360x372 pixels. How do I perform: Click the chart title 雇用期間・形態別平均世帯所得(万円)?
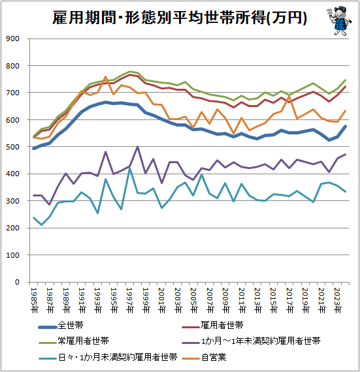click(x=180, y=18)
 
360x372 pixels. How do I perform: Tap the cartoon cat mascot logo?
click(x=339, y=21)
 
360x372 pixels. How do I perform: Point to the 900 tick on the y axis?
click(x=12, y=39)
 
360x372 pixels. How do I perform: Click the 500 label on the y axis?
click(x=12, y=147)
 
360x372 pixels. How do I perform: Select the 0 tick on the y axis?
click(x=17, y=282)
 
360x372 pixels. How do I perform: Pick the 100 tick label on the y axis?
click(x=12, y=255)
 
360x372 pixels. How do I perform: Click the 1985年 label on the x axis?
click(x=35, y=300)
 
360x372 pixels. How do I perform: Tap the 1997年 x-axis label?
click(x=130, y=300)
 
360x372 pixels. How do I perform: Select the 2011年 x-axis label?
click(x=242, y=300)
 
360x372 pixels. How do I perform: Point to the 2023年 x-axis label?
click(x=337, y=300)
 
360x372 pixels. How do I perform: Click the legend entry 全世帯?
click(x=61, y=326)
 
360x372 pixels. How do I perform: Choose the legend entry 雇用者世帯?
click(x=213, y=326)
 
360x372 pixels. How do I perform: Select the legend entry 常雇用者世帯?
click(x=74, y=341)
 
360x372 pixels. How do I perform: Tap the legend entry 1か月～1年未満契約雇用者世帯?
click(x=252, y=341)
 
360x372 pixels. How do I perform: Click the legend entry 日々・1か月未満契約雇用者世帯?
click(x=108, y=357)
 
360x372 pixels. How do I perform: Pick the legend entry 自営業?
click(x=205, y=357)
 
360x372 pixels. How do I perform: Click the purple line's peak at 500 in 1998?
click(x=137, y=147)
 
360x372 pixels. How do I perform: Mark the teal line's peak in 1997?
click(x=129, y=168)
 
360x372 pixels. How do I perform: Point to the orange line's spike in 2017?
click(x=289, y=96)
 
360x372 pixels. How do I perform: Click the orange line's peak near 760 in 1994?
click(x=106, y=76)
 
